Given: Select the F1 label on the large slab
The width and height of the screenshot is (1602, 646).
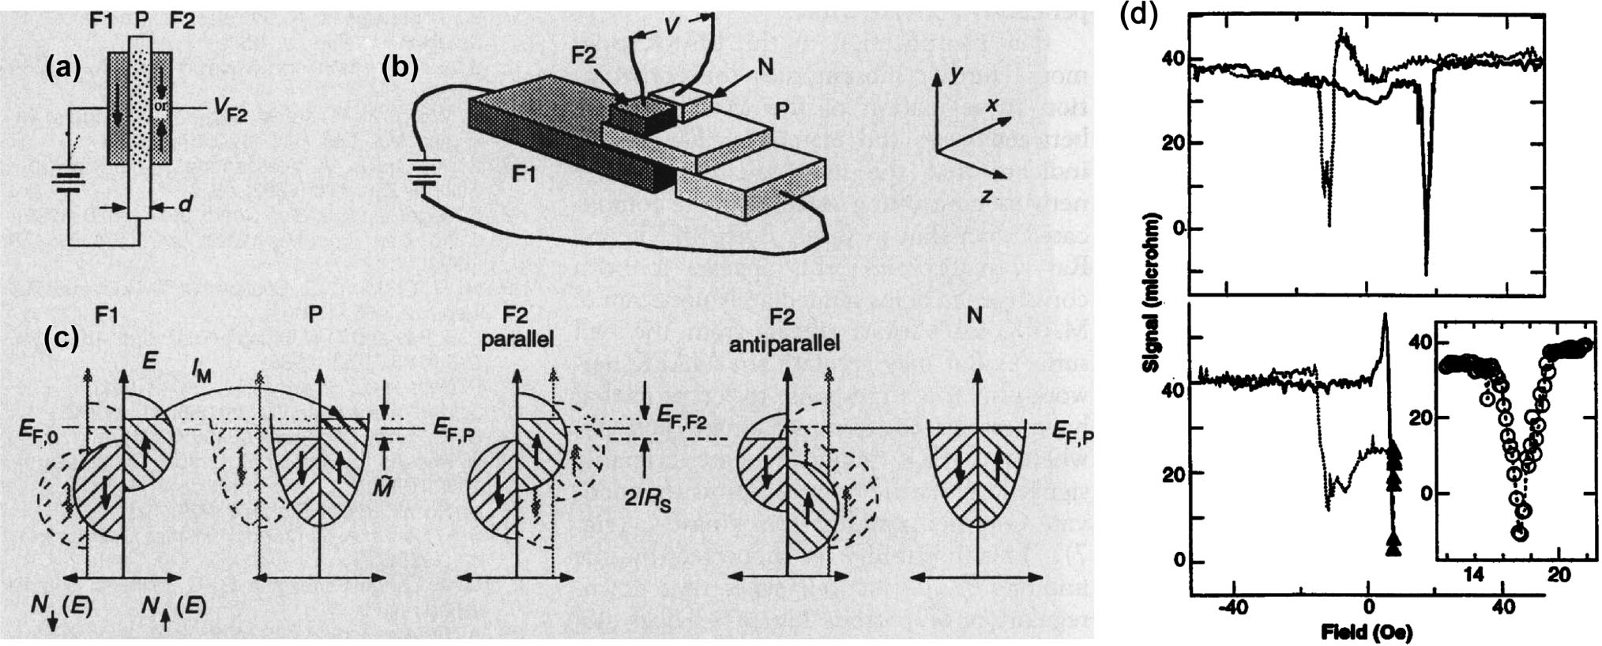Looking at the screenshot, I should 522,174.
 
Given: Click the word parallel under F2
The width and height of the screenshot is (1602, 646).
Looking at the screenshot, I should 516,341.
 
